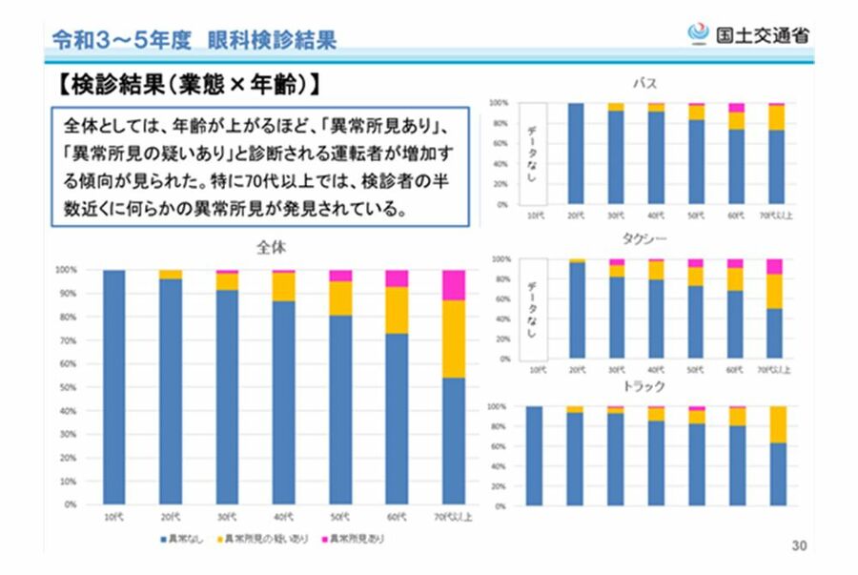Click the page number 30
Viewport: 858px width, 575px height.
tap(799, 546)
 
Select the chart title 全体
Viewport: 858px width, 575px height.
tap(273, 247)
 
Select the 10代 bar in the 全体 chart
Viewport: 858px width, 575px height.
tap(113, 386)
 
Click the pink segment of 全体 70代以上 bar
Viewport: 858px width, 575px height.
tap(454, 284)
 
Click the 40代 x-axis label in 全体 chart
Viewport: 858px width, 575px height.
tap(283, 518)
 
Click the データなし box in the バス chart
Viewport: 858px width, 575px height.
tap(534, 154)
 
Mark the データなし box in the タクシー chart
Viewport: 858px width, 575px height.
tap(534, 309)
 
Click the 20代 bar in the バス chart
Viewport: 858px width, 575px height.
tap(575, 154)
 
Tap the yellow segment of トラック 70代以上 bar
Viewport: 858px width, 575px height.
tap(777, 424)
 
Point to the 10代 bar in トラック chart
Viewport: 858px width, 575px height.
tap(534, 456)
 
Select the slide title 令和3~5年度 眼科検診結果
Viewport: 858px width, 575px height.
tap(194, 39)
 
